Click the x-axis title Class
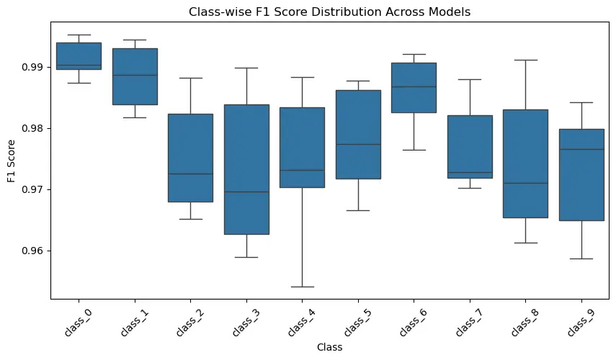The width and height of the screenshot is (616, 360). click(329, 347)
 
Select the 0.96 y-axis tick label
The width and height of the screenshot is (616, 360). click(32, 251)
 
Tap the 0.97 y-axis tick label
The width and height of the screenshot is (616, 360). click(32, 189)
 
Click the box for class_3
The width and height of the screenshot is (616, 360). click(246, 169)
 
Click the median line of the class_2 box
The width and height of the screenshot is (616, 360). click(190, 174)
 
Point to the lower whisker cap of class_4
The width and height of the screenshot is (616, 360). click(302, 287)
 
